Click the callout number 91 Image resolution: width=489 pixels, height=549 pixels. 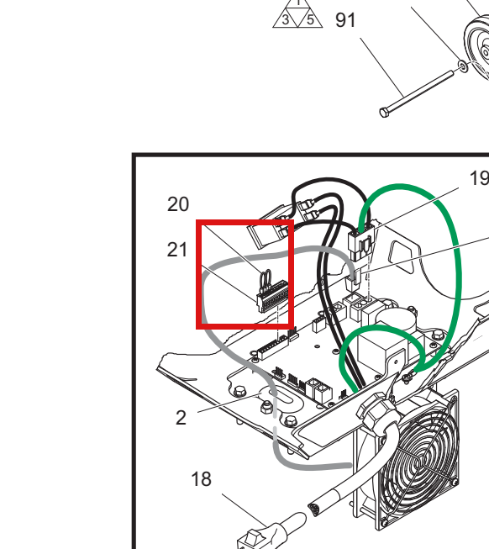click(x=345, y=20)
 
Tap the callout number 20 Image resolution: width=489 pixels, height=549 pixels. click(x=178, y=204)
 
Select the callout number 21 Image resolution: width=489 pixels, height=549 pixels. click(x=177, y=250)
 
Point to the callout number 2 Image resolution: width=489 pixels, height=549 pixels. click(x=181, y=418)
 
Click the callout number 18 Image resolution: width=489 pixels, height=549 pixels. click(x=201, y=479)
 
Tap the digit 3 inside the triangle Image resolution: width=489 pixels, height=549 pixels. click(x=286, y=20)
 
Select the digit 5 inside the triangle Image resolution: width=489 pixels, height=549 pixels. click(x=310, y=20)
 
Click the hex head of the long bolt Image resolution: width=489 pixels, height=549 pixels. click(x=384, y=113)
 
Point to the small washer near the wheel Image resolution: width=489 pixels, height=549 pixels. click(x=463, y=66)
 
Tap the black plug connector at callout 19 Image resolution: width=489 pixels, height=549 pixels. click(x=361, y=244)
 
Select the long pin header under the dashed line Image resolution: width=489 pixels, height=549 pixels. click(x=272, y=348)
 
